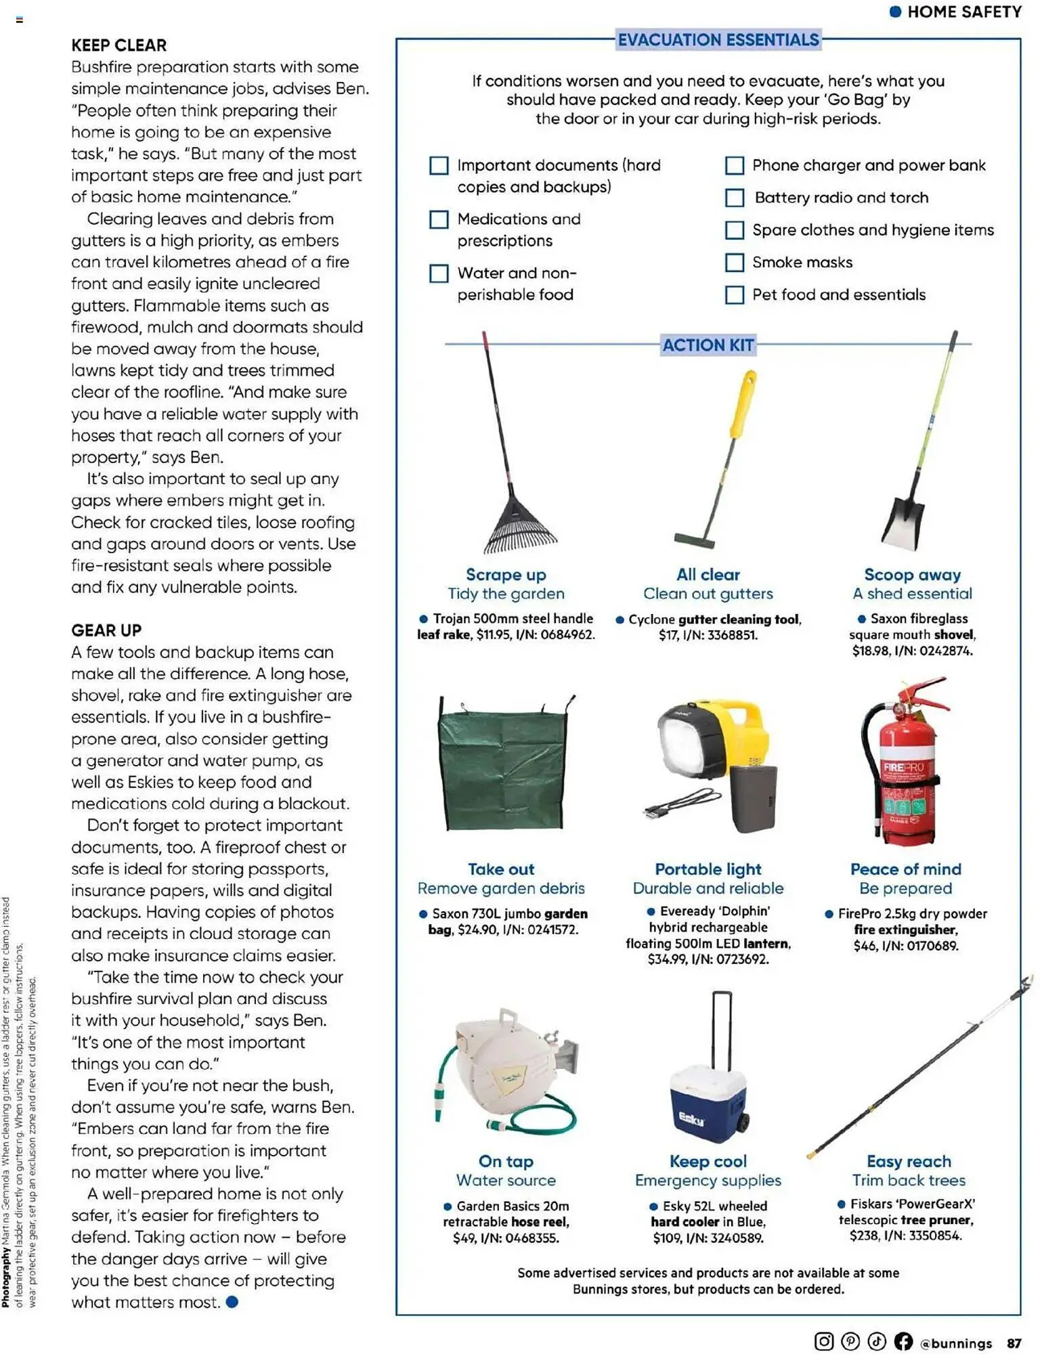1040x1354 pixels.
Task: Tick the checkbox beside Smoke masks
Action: coord(734,263)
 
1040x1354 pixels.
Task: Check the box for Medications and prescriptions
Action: coord(439,219)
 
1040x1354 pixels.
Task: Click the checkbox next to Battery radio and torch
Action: coord(734,198)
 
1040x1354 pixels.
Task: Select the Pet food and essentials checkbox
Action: coord(734,295)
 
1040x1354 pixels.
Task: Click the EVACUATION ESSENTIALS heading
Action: coord(718,40)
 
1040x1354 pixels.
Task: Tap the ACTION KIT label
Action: coord(708,345)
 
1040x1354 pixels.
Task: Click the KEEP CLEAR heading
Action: coord(119,45)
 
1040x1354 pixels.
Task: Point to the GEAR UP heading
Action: coord(106,630)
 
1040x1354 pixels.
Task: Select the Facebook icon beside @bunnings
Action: coord(903,1341)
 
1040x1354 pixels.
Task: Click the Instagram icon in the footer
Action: coord(823,1341)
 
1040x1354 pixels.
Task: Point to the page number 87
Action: coord(1014,1343)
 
